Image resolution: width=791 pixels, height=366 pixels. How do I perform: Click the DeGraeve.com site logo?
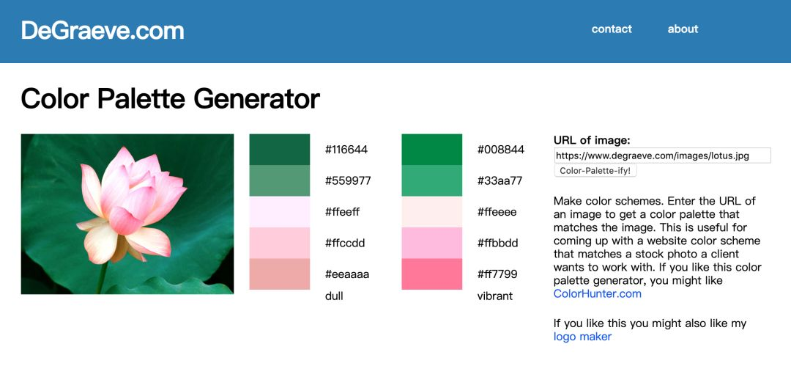click(103, 30)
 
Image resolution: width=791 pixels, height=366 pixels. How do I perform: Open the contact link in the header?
click(612, 29)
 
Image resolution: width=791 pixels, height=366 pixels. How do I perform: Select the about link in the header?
click(683, 29)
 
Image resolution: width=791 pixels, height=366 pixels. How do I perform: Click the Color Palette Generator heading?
click(171, 98)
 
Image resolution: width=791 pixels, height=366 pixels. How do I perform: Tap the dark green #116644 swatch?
click(280, 150)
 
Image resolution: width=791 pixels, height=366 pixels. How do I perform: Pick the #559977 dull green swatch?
click(280, 180)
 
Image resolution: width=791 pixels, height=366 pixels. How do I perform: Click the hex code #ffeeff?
click(343, 212)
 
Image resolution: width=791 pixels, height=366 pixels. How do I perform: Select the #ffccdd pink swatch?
click(280, 244)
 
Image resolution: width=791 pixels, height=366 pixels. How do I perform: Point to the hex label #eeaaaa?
click(347, 274)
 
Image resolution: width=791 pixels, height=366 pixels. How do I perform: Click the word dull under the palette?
click(334, 296)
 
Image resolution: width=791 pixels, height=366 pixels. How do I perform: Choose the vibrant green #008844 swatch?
click(432, 150)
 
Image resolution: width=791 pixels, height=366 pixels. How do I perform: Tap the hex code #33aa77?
click(500, 180)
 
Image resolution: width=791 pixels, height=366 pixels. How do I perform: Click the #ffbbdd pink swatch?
click(432, 244)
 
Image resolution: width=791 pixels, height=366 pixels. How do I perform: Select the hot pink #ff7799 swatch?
click(432, 274)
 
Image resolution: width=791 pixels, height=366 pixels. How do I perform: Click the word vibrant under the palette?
click(495, 296)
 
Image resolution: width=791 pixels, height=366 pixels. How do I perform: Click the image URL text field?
click(662, 155)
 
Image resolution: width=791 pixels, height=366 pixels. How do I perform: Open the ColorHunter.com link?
click(598, 293)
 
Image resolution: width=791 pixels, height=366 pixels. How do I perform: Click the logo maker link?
click(583, 337)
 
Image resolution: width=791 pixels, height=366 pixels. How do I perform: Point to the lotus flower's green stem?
click(103, 277)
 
